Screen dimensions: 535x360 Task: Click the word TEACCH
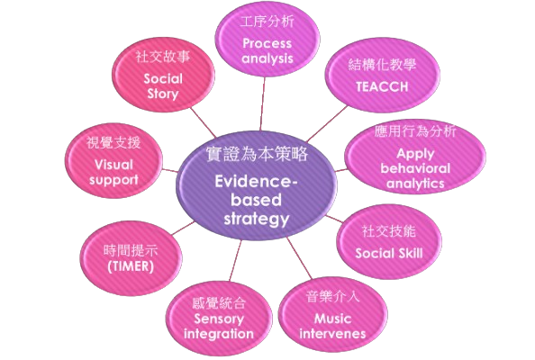click(382, 86)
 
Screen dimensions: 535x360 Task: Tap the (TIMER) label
click(131, 266)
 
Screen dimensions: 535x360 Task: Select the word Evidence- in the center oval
click(256, 182)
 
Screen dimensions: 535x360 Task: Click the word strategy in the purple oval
click(257, 220)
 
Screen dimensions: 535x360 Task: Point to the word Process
click(267, 43)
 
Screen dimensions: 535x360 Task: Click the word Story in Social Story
click(163, 94)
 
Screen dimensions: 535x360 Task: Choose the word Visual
click(113, 165)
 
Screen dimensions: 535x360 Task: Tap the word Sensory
click(219, 319)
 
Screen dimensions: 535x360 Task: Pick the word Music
click(332, 319)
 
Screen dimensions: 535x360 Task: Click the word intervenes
click(332, 334)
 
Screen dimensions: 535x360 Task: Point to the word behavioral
click(415, 168)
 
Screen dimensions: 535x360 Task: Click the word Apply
click(415, 154)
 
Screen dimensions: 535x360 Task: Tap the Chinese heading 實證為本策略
click(257, 154)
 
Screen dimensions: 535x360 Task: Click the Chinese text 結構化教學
click(382, 65)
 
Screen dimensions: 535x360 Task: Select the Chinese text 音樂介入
click(332, 297)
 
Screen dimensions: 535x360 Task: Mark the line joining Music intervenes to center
click(300, 258)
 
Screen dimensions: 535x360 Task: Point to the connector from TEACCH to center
click(328, 123)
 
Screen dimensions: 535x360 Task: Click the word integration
click(219, 334)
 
